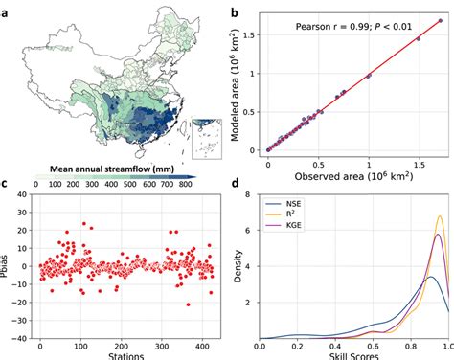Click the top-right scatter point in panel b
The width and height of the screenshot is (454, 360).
point(439,20)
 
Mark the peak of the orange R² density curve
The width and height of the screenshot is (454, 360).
point(440,216)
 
